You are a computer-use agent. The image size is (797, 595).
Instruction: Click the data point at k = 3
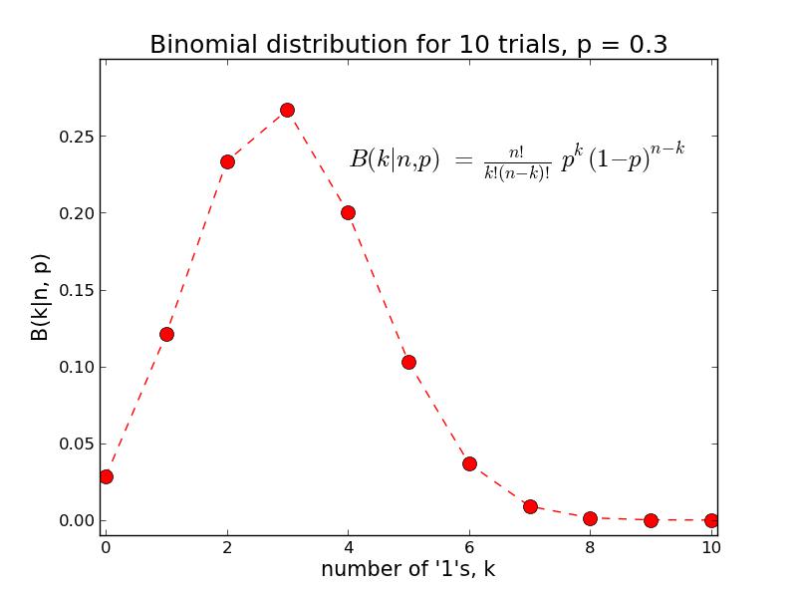pyautogui.click(x=287, y=110)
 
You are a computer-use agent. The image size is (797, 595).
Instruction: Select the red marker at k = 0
pyautogui.click(x=106, y=476)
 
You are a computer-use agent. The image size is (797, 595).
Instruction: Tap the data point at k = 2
pyautogui.click(x=227, y=161)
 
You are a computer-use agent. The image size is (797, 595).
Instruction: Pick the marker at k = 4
pyautogui.click(x=348, y=212)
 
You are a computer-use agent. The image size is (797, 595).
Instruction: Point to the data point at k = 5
pyautogui.click(x=408, y=362)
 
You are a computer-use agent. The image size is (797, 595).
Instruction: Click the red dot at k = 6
pyautogui.click(x=469, y=463)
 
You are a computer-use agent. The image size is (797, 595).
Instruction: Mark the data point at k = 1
pyautogui.click(x=166, y=334)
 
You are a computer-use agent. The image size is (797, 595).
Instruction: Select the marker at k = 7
pyautogui.click(x=530, y=506)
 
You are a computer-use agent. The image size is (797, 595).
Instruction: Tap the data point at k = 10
pyautogui.click(x=711, y=520)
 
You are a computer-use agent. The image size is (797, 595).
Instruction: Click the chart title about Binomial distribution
pyautogui.click(x=408, y=45)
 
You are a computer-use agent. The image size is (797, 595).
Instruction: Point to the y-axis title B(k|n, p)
pyautogui.click(x=40, y=297)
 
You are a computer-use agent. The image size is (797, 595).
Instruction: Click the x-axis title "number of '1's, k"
pyautogui.click(x=408, y=570)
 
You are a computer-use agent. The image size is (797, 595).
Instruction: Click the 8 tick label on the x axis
pyautogui.click(x=590, y=547)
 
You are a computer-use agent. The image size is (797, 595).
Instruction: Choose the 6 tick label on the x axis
pyautogui.click(x=469, y=547)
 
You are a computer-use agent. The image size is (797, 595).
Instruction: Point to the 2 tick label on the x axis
pyautogui.click(x=227, y=547)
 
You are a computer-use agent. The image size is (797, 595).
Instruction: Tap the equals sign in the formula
pyautogui.click(x=462, y=160)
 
